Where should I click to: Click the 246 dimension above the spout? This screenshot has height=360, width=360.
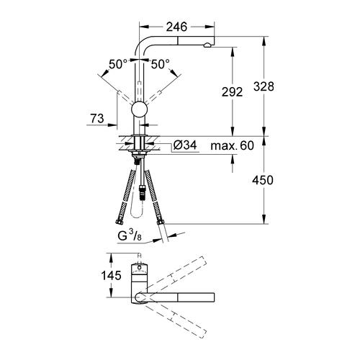[177, 27]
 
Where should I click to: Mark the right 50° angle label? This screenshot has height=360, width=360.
[160, 65]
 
